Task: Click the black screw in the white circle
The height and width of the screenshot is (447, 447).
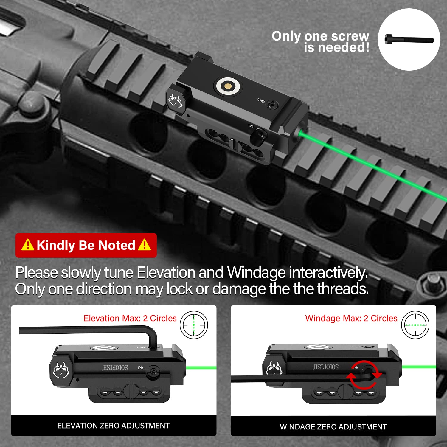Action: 409,39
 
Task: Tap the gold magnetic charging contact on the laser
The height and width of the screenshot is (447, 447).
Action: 228,86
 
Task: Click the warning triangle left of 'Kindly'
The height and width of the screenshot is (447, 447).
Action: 28,245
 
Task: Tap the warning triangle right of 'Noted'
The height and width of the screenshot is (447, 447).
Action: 145,245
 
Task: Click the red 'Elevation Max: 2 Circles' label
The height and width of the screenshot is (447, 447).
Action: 130,318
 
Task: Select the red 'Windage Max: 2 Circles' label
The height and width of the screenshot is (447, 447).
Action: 351,318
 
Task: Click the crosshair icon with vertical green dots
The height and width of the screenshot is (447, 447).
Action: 194,325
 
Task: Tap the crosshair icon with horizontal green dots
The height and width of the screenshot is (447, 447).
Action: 415,325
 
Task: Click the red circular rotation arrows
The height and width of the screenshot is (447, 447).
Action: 364,375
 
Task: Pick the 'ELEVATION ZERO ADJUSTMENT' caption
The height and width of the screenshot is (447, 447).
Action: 113,426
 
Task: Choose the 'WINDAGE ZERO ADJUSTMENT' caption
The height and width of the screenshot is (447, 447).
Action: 333,427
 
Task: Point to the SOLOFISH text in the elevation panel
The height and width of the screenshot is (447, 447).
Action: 115,367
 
